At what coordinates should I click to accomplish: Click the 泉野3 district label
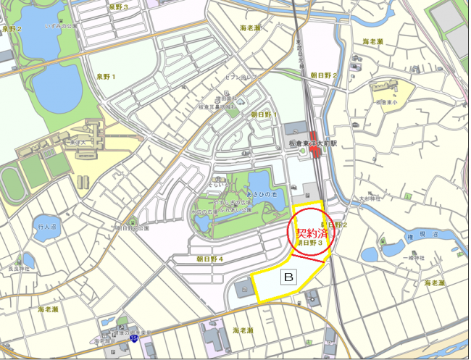tap(118, 7)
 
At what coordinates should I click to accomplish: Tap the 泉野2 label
tap(12, 29)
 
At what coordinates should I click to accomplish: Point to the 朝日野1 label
tap(264, 114)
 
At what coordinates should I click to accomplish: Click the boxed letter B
tap(289, 277)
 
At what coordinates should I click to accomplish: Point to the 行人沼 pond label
tap(46, 227)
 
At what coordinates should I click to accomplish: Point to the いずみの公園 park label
tap(60, 26)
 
